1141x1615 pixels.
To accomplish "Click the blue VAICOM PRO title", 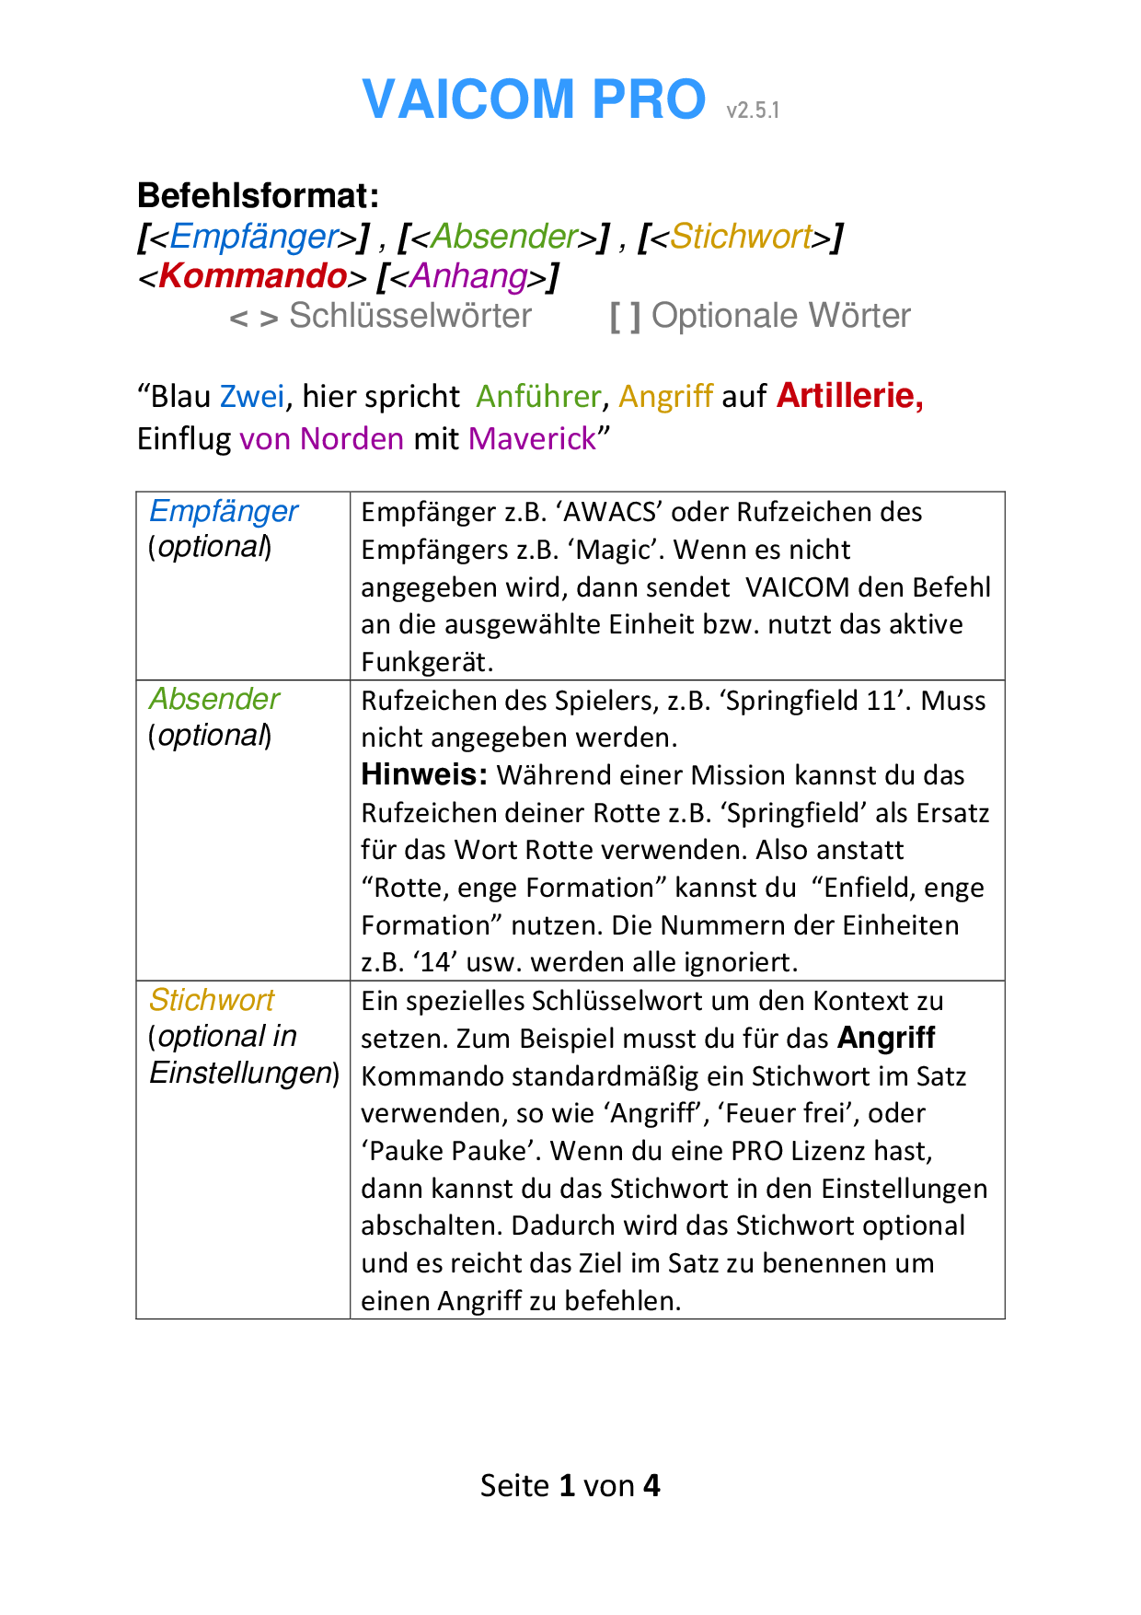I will point(534,99).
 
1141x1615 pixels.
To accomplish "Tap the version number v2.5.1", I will point(752,110).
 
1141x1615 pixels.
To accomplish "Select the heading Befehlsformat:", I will point(258,195).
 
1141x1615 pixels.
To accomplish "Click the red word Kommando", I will point(252,275).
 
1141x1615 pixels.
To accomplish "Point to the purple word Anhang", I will point(468,275).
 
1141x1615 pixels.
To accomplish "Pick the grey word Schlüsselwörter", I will point(410,316).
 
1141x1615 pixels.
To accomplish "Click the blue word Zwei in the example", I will point(252,396).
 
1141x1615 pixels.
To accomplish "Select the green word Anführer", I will point(538,396).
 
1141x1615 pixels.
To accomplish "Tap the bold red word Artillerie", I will point(849,395).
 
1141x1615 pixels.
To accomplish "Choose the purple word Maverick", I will point(532,438).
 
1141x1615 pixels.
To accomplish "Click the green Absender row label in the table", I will point(214,699).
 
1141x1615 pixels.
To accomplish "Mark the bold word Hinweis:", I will point(424,774).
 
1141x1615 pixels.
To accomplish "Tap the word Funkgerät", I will point(426,662).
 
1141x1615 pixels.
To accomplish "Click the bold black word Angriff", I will point(886,1038).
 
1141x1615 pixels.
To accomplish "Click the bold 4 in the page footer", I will point(651,1485).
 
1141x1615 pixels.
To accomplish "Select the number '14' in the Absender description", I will point(435,962).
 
